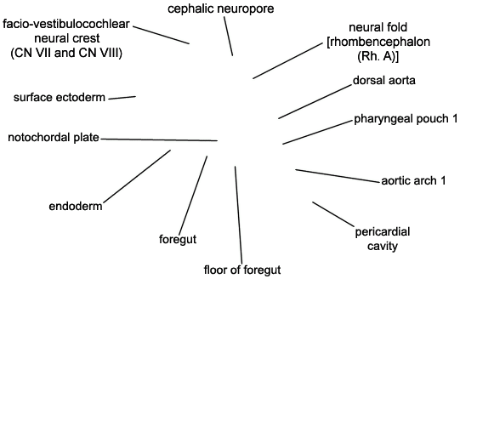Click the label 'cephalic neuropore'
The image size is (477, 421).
pyautogui.click(x=220, y=9)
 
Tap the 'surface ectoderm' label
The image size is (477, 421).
pyautogui.click(x=60, y=97)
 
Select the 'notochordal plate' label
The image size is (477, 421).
pyautogui.click(x=54, y=138)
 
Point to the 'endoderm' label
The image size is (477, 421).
pyautogui.click(x=76, y=206)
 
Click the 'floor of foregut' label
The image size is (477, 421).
pyautogui.click(x=242, y=270)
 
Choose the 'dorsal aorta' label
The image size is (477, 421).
pyautogui.click(x=384, y=80)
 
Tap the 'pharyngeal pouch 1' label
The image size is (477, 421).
pyautogui.click(x=406, y=118)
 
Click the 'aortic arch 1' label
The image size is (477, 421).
pyautogui.click(x=413, y=180)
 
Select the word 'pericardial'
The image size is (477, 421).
pyautogui.click(x=383, y=232)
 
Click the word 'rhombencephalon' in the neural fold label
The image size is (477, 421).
pyautogui.click(x=380, y=42)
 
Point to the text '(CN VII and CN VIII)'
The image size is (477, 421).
pyautogui.click(x=66, y=53)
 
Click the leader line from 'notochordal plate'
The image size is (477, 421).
pyautogui.click(x=159, y=140)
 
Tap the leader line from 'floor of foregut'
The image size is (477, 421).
pyautogui.click(x=238, y=215)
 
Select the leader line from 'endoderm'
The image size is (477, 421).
pyautogui.click(x=137, y=176)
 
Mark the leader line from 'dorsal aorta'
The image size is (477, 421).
pyautogui.click(x=315, y=101)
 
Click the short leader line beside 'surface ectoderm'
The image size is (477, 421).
pyautogui.click(x=122, y=98)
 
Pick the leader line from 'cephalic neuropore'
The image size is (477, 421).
pyautogui.click(x=229, y=37)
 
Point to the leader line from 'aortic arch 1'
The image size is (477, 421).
pyautogui.click(x=338, y=176)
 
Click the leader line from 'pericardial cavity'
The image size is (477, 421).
pyautogui.click(x=333, y=214)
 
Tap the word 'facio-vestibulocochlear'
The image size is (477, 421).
pyautogui.click(x=66, y=24)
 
